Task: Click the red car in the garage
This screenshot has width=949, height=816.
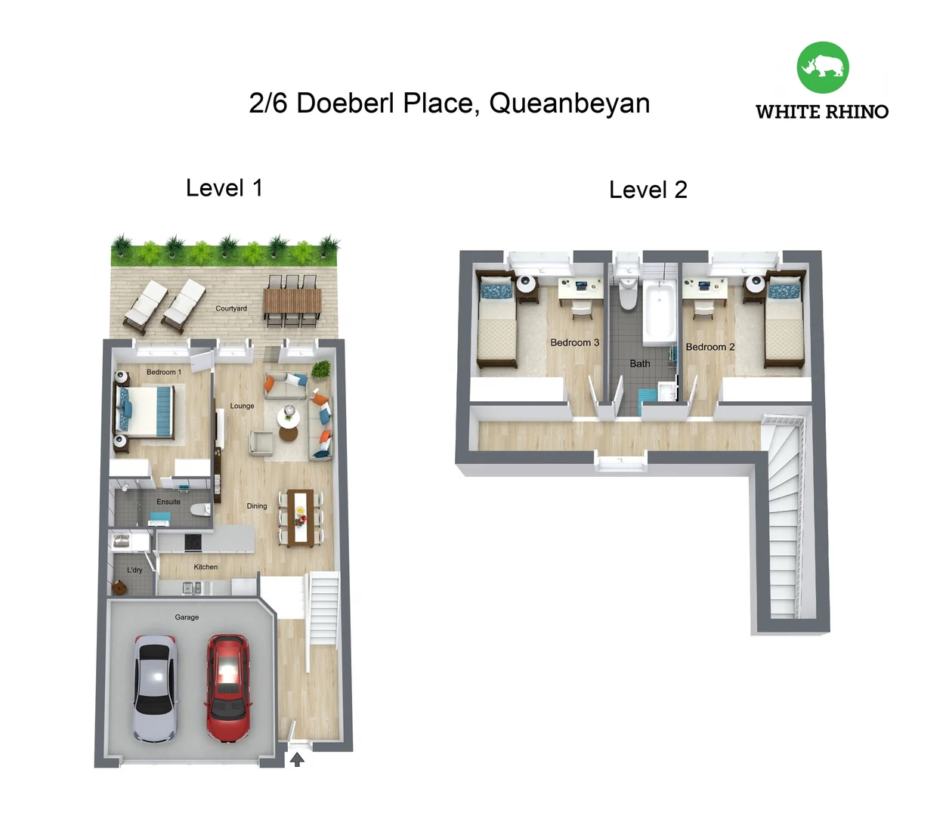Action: tap(228, 689)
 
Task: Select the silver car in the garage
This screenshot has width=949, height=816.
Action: tap(156, 689)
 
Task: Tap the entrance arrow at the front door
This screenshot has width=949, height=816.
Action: tap(297, 759)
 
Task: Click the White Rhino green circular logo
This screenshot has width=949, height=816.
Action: tap(823, 67)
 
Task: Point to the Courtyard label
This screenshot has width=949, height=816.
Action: tap(231, 308)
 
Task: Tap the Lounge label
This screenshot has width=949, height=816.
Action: tap(242, 406)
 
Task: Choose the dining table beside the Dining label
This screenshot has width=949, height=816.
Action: tap(301, 518)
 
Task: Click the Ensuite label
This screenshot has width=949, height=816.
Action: tap(168, 502)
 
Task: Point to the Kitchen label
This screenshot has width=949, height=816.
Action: tap(206, 567)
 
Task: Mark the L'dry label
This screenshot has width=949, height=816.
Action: tap(134, 570)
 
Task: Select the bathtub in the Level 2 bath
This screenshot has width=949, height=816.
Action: tap(660, 312)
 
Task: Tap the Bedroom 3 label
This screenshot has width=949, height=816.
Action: tap(574, 342)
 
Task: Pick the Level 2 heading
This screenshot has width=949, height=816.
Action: tap(648, 190)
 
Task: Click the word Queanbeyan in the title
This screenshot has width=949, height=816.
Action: tap(570, 103)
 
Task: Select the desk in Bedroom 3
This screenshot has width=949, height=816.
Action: tap(580, 288)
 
